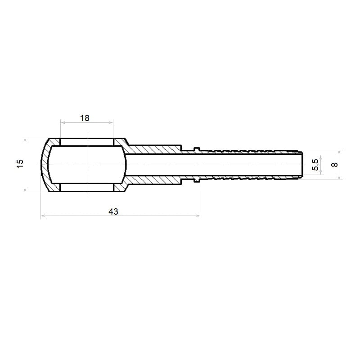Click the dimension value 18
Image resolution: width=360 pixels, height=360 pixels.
coord(85,118)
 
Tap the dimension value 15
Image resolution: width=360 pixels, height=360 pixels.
coord(20,163)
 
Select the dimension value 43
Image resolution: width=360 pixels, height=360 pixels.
coord(113,211)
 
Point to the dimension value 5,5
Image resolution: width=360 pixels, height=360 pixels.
coord(316,165)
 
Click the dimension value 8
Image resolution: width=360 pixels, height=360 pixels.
coord(335,165)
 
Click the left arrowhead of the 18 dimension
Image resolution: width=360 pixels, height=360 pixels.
coord(63,122)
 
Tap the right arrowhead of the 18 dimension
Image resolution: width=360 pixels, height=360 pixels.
coord(111,122)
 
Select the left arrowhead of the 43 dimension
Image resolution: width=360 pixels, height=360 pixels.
coord(43,216)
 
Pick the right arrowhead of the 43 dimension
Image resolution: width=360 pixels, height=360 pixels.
coord(197,216)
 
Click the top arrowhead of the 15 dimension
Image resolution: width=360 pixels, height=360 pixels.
coord(25,140)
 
